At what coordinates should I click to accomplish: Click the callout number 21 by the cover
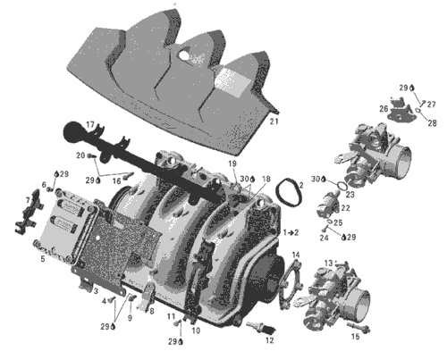pos(274,121)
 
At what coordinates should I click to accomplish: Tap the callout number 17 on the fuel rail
pos(90,125)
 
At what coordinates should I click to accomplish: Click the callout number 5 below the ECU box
pos(43,259)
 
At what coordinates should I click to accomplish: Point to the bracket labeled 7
pos(30,211)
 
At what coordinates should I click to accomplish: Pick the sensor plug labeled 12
pos(261,328)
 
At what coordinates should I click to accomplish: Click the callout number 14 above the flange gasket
pos(296,255)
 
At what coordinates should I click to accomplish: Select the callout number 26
pos(384,109)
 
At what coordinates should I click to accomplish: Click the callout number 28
pos(432,122)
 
